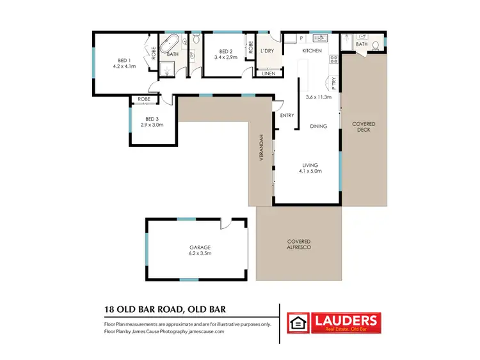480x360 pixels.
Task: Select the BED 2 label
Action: coord(225,52)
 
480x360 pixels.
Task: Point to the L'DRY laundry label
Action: coord(268,51)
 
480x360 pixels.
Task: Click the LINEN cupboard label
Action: coord(268,74)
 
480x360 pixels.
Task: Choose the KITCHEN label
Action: coord(312,51)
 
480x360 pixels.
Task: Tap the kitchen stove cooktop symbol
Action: coord(333,60)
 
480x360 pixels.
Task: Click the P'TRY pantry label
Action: coord(333,82)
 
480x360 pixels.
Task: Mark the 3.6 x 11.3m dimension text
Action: coord(318,97)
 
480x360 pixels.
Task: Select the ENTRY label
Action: coord(287,116)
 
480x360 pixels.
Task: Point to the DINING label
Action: coord(318,127)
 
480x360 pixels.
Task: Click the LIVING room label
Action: coord(311,166)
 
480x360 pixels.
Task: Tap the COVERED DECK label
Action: coord(363,127)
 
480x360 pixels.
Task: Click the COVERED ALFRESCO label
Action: coord(299,244)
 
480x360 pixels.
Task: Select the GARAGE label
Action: coord(200,247)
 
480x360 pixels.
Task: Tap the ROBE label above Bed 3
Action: coord(144,100)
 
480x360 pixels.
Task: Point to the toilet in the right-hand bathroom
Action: coord(375,45)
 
